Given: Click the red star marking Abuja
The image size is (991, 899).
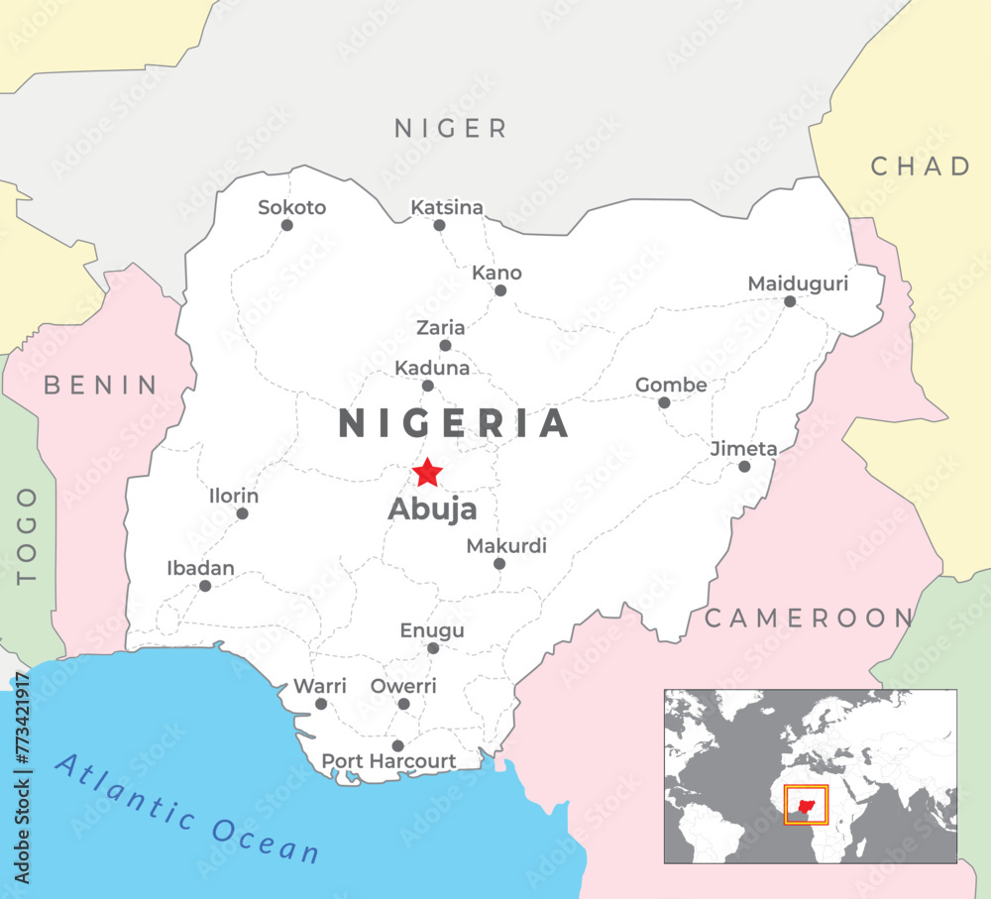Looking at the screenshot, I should coord(427,473).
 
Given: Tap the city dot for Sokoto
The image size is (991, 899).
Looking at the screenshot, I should coord(287,225).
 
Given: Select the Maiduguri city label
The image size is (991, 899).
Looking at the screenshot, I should coord(798,284).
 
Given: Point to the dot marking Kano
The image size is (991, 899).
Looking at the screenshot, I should coord(500,290).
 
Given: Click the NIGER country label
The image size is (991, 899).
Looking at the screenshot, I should coord(451,128).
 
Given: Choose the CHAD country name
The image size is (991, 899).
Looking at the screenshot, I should coord(921,167).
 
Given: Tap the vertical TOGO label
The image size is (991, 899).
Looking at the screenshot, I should coord(27,535).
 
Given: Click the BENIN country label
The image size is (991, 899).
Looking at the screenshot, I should coord(100,386).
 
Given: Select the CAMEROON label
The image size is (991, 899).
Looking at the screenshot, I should coord(808,619).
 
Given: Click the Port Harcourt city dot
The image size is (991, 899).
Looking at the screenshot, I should coord(398,745).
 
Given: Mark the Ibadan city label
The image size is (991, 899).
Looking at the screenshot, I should coord(201,568).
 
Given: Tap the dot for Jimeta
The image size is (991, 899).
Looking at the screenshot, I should coord(744,467).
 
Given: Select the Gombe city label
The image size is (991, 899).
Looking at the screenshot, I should coord(671,385).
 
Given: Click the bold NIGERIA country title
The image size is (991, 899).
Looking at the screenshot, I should coord(454,423).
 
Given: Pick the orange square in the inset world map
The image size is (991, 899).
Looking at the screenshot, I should coord(806,804).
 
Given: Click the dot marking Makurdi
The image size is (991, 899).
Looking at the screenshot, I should coord(499,564).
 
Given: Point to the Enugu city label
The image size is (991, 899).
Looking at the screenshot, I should coord(432,630).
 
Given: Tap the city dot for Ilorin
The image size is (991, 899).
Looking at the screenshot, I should coord(242,513).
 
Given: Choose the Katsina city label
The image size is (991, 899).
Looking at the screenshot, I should coord(447,207).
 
